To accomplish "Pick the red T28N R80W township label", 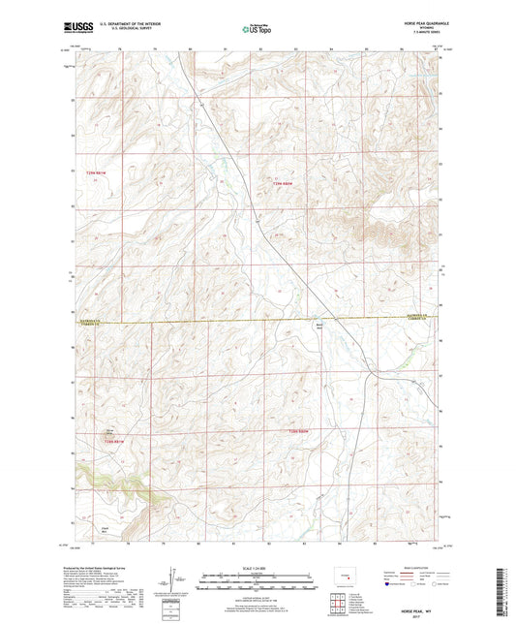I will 299,429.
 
